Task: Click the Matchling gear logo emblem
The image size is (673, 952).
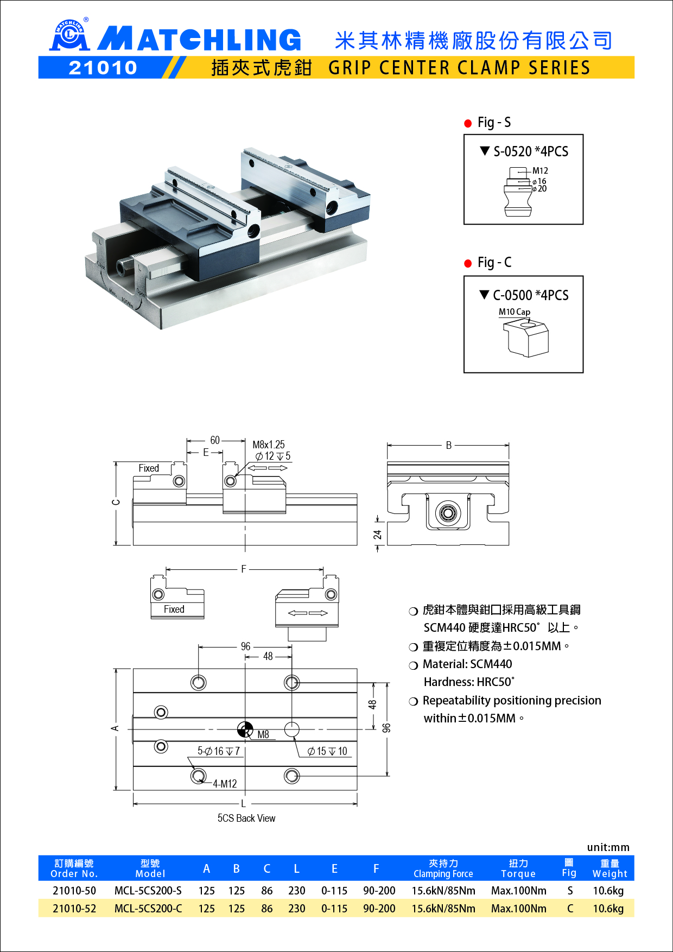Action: [69, 36]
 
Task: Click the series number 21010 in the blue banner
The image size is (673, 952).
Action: [103, 68]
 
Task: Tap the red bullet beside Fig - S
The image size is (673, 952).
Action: [468, 123]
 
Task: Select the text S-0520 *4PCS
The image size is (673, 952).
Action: [530, 151]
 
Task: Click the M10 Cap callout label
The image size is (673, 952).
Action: [514, 312]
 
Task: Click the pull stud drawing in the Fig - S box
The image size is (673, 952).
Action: [518, 192]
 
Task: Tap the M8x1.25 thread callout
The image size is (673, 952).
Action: [268, 445]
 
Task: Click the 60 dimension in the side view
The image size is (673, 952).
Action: [215, 440]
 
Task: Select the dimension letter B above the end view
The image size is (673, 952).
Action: [448, 445]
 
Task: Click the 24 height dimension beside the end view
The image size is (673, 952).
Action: [378, 535]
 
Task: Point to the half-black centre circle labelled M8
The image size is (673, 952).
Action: [245, 729]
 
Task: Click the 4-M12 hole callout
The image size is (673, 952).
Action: [225, 784]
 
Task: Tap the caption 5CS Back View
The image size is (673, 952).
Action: [246, 818]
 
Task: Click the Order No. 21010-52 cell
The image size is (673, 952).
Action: [74, 909]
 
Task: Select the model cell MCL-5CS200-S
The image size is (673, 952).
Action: [148, 891]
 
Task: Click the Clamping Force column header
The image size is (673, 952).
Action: [443, 868]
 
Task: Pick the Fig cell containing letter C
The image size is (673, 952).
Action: [570, 909]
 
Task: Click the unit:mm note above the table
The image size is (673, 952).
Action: [608, 847]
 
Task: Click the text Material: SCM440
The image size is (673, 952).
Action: [467, 664]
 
